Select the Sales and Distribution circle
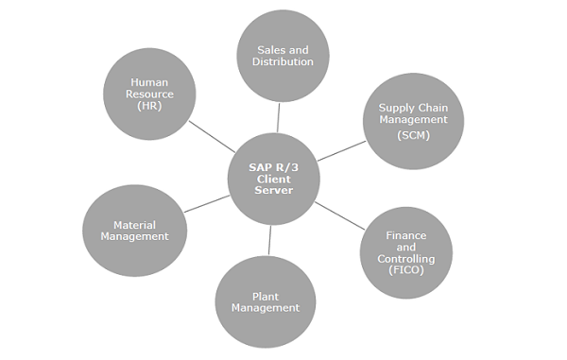point(283,55)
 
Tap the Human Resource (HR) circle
point(149,94)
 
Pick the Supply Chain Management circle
point(414,121)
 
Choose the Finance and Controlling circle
point(406,252)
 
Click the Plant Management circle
point(265,301)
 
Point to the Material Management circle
point(134,231)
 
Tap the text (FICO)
point(406,269)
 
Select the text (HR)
point(149,106)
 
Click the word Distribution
point(283,62)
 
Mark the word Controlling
point(406,258)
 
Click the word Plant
point(265,296)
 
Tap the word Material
point(134,225)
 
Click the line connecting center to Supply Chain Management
point(340,151)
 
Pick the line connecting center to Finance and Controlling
point(338,214)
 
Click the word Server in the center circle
point(273,191)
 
